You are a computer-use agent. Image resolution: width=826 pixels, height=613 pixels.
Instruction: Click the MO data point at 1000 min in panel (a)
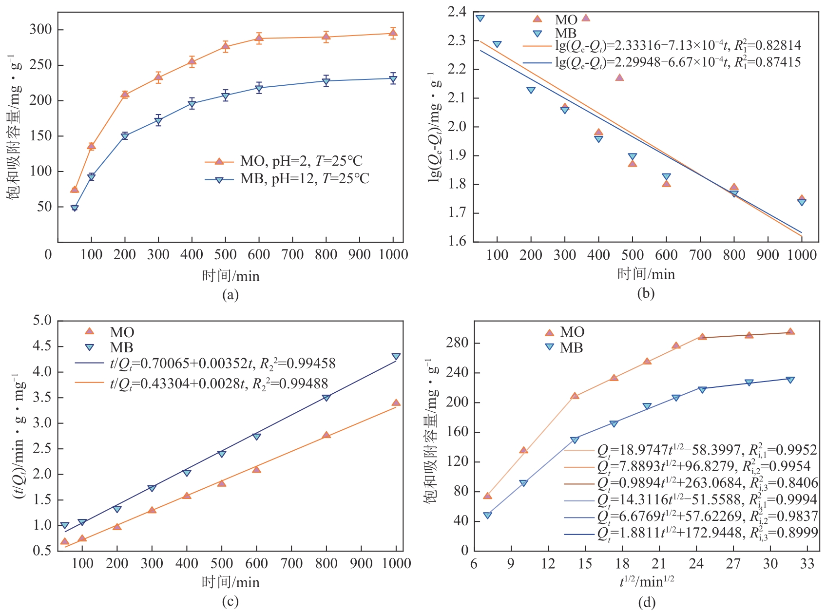[393, 33]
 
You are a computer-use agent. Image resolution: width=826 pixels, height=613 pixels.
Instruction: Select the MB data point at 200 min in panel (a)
[125, 136]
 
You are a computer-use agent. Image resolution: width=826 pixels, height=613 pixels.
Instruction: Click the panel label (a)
[230, 294]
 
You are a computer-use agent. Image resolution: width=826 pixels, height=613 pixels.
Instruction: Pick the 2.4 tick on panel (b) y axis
[457, 12]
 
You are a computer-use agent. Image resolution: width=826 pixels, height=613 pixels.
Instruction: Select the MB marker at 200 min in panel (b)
[531, 90]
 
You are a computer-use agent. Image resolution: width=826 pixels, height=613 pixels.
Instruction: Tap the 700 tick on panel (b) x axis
[700, 254]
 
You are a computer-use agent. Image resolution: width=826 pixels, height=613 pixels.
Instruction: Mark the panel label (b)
[646, 293]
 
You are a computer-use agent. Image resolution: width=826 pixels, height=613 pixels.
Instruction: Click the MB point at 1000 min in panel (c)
[396, 357]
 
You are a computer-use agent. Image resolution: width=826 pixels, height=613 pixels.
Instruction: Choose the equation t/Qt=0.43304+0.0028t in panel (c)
[219, 383]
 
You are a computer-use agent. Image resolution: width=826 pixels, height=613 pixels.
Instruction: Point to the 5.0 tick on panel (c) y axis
[42, 321]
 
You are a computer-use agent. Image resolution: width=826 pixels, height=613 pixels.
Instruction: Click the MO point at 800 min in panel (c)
[326, 435]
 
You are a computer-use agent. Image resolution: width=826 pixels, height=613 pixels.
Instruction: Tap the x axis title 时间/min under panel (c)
[231, 582]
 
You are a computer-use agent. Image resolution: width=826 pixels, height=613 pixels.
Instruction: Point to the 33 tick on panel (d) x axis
[807, 564]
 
